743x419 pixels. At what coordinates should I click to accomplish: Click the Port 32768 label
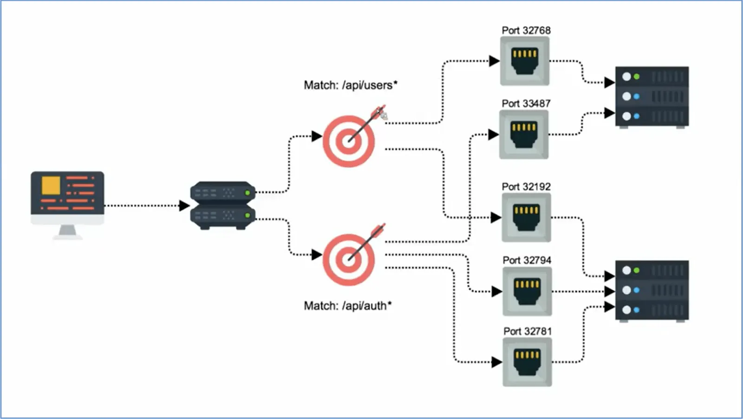click(526, 31)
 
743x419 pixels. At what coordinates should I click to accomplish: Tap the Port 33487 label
click(526, 104)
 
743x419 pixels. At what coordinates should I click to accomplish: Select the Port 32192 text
click(526, 187)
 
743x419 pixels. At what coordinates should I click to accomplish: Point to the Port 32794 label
click(527, 260)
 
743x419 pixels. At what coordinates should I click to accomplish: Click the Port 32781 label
click(528, 331)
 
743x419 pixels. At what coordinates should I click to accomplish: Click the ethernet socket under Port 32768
click(525, 61)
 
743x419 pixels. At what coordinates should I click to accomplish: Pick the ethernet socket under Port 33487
click(524, 134)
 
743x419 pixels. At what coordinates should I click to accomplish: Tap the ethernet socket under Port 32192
click(527, 218)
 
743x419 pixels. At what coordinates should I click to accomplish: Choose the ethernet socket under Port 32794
click(527, 292)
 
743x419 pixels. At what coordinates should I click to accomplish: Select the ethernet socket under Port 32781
click(527, 362)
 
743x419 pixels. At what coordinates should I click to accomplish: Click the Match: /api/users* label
click(351, 86)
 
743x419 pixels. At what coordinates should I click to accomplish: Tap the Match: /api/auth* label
click(348, 306)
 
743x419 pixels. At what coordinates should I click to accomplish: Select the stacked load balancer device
click(223, 206)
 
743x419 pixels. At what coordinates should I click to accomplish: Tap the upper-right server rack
click(652, 97)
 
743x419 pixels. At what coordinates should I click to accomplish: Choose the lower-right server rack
click(652, 291)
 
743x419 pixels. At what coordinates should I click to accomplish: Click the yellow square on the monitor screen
click(51, 186)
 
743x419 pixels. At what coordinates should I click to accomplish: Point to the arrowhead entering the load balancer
click(184, 206)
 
